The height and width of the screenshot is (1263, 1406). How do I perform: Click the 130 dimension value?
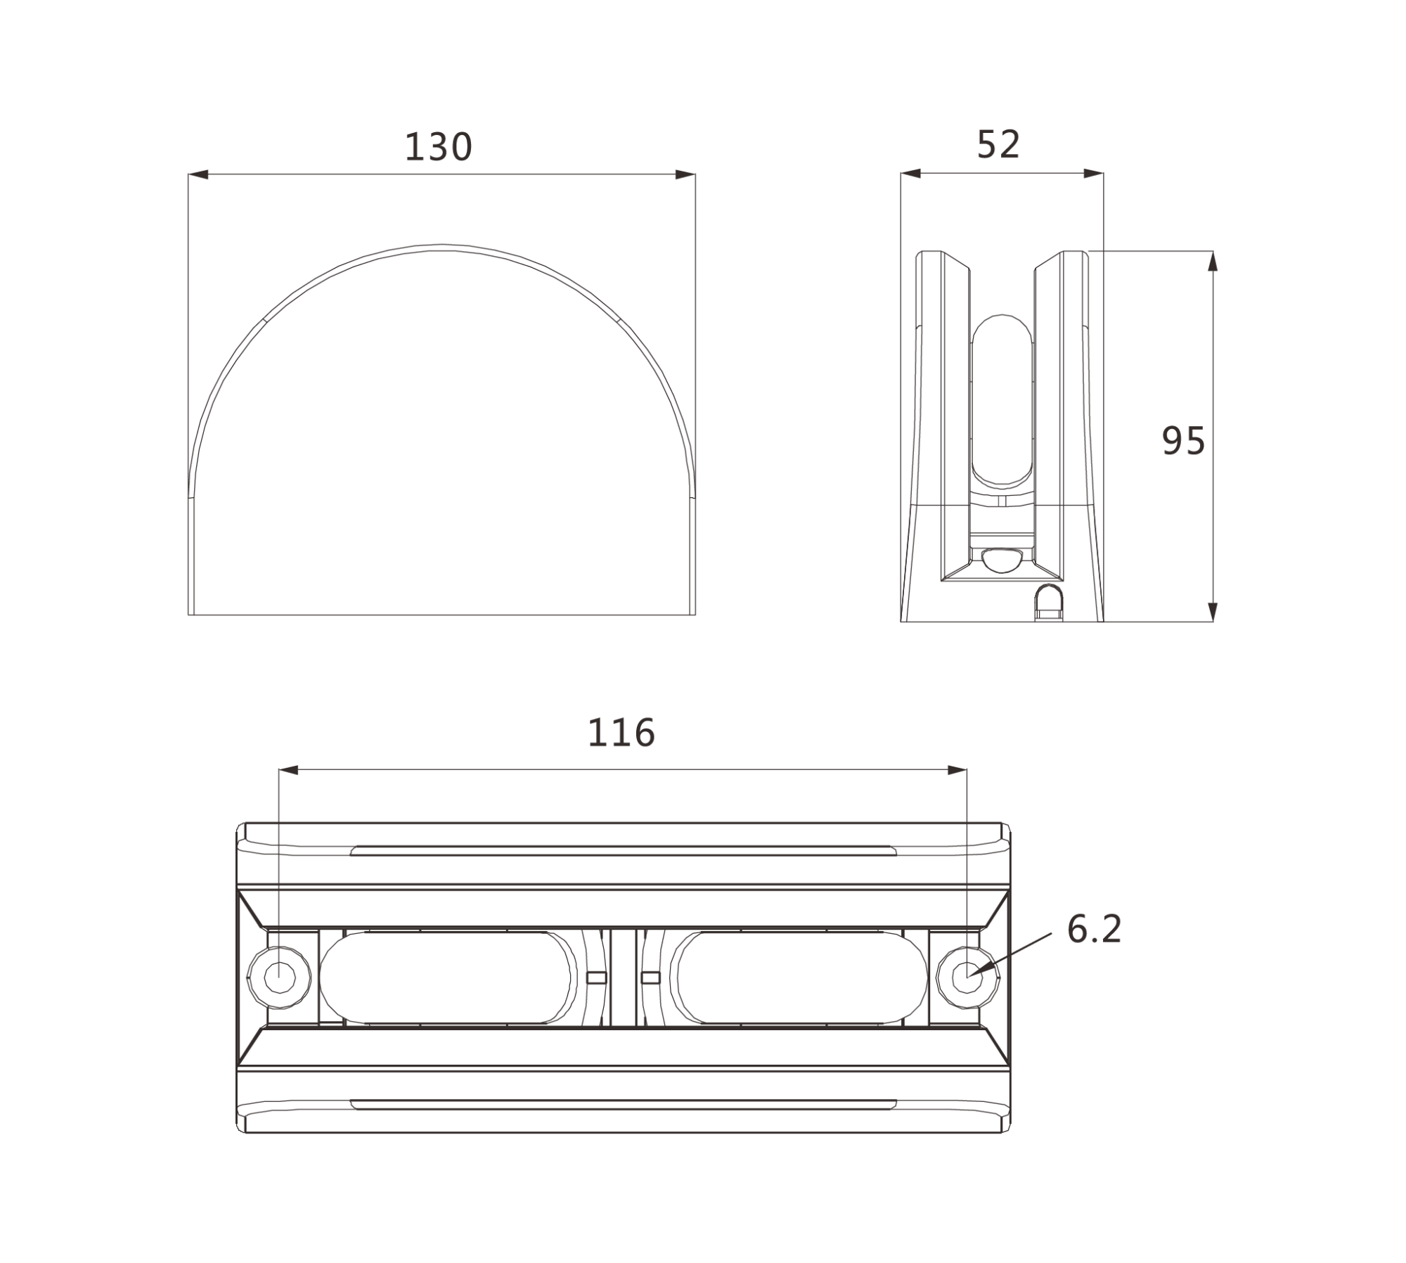point(439,147)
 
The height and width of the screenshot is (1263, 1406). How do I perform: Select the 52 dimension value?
point(998,144)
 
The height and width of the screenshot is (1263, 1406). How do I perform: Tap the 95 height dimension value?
point(1184,441)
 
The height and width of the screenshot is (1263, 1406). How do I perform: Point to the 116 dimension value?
point(621,733)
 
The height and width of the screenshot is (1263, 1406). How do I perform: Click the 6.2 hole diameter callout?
point(1094,929)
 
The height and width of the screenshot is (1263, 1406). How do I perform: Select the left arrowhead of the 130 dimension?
point(199,174)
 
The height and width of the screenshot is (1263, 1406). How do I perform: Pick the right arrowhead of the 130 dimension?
point(685,174)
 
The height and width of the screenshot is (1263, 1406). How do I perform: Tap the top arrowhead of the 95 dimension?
point(1212,262)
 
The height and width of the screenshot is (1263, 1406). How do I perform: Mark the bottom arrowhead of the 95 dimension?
point(1212,611)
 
